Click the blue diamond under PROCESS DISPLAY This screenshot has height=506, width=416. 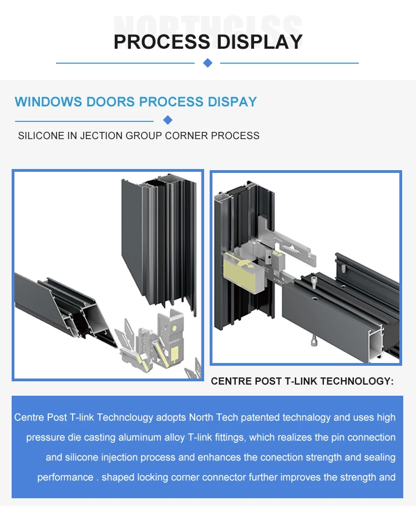[x=208, y=63]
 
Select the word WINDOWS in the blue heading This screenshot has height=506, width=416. [x=48, y=102]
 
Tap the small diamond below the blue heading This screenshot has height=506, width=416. [x=168, y=120]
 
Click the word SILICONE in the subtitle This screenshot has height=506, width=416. [x=41, y=136]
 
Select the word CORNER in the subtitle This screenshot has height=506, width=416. [x=189, y=136]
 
